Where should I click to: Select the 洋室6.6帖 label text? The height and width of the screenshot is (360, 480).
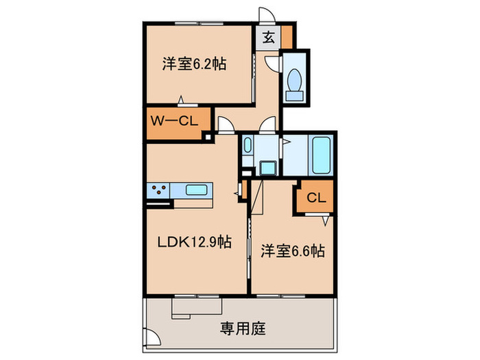point(292,252)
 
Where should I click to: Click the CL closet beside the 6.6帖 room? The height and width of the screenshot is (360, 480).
point(315,199)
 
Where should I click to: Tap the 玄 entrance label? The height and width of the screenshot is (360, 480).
point(269,38)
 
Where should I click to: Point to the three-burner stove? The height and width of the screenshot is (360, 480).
point(158,191)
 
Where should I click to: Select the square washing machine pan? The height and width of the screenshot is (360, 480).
point(266,168)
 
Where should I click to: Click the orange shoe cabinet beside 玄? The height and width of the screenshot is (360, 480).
point(287,36)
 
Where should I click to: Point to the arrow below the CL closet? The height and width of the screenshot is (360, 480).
point(326,221)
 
